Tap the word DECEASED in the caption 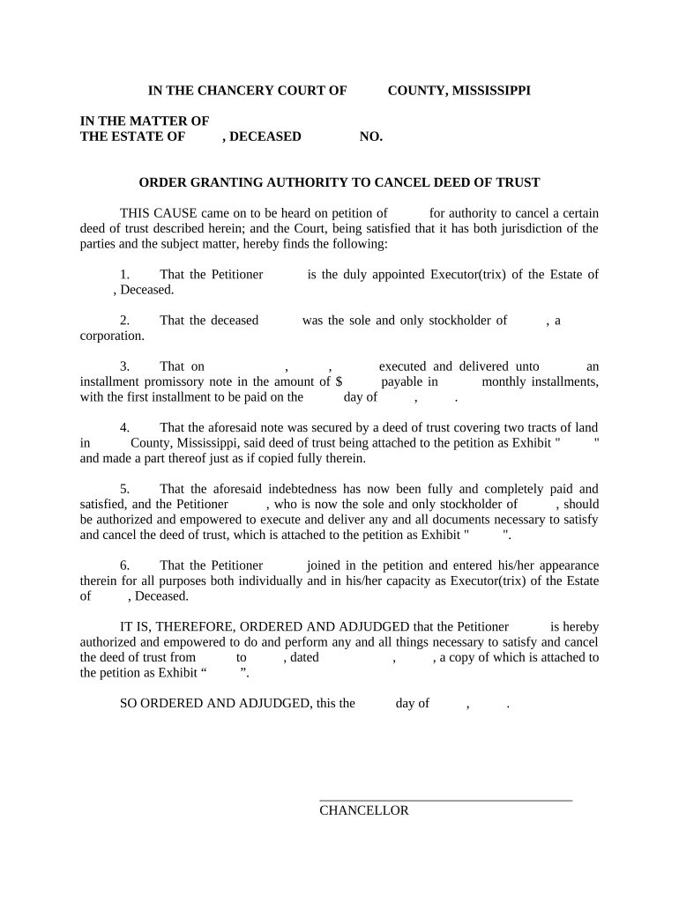point(265,137)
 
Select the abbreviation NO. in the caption point(371,137)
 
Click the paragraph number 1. point(124,275)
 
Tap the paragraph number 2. point(124,321)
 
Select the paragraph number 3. point(124,366)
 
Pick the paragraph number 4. point(124,428)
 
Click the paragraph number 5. point(124,489)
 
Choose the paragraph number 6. point(124,566)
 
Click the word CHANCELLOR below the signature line point(364,811)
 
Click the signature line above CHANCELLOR point(445,800)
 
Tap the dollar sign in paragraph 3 point(339,382)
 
